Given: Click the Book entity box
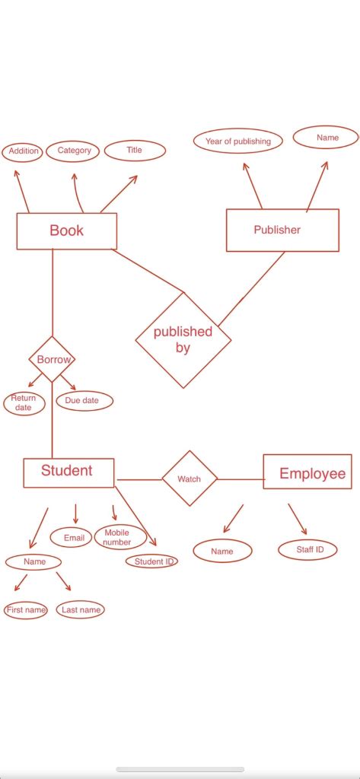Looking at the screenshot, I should [67, 231].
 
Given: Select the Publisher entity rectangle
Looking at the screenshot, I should [282, 230].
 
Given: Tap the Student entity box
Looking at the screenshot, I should [68, 472].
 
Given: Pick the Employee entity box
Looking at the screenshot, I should [307, 474].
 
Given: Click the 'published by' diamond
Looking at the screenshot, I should [183, 339].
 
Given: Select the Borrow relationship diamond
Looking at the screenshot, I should [53, 359].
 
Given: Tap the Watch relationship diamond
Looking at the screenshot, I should [190, 479].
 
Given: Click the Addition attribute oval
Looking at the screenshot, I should [23, 151].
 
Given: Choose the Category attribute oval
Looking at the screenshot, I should [75, 151].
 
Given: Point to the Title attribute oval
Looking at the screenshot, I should [135, 150].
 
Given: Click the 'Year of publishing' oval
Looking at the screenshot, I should [238, 141].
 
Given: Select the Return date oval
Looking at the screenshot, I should [24, 403].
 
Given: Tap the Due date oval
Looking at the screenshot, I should [84, 400].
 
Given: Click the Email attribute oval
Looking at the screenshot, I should [73, 538].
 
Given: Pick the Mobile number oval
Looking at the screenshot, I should [119, 537].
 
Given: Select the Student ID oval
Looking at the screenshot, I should [152, 561].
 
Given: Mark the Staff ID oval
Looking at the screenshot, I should [307, 549].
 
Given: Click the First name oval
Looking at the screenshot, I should [26, 610].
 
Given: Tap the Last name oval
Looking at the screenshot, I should [80, 610].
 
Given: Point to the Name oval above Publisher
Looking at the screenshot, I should [327, 138].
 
